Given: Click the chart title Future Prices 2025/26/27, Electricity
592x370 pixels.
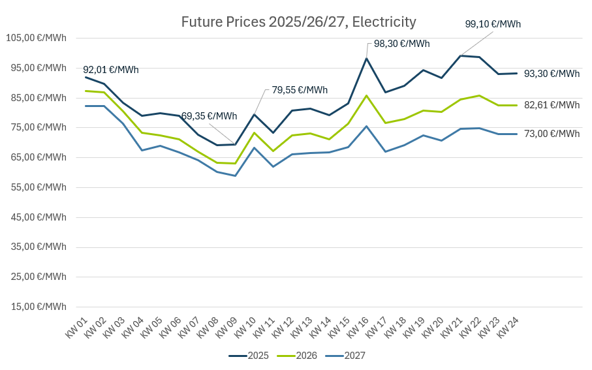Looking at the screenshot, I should pyautogui.click(x=298, y=22).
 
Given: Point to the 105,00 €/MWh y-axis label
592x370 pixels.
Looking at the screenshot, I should pyautogui.click(x=37, y=38).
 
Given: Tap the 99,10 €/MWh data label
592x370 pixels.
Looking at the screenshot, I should pyautogui.click(x=493, y=24).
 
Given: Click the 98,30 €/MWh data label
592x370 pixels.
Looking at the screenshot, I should pyautogui.click(x=401, y=44).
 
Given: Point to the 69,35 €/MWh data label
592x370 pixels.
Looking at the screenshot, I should pyautogui.click(x=209, y=116).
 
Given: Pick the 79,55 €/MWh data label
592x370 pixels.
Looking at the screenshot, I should pyautogui.click(x=300, y=90).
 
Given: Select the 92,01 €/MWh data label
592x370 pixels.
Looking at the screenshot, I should pyautogui.click(x=111, y=70).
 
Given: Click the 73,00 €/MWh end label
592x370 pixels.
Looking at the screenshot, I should pyautogui.click(x=552, y=134).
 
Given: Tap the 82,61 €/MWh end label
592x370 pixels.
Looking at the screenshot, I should pyautogui.click(x=552, y=104).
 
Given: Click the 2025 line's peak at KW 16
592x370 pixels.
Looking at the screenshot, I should pyautogui.click(x=367, y=58).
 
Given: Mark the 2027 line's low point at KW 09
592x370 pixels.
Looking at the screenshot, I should pyautogui.click(x=235, y=176).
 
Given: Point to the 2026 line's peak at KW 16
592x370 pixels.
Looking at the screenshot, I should pyautogui.click(x=367, y=95).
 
